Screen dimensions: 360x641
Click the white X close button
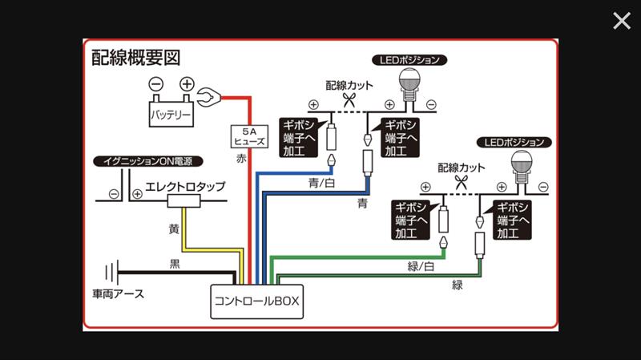[x=622, y=21]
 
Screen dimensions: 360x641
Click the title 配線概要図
[x=136, y=58]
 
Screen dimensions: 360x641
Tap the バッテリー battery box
[x=171, y=115]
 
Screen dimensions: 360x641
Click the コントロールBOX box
[x=257, y=301]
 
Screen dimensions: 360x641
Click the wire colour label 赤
[x=241, y=159]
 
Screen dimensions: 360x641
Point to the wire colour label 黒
[x=175, y=263]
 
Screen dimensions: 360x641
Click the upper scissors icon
[x=349, y=100]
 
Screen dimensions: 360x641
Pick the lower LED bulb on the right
[x=524, y=167]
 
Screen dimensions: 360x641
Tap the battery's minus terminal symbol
[x=155, y=83]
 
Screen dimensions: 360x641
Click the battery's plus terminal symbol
[x=186, y=83]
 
